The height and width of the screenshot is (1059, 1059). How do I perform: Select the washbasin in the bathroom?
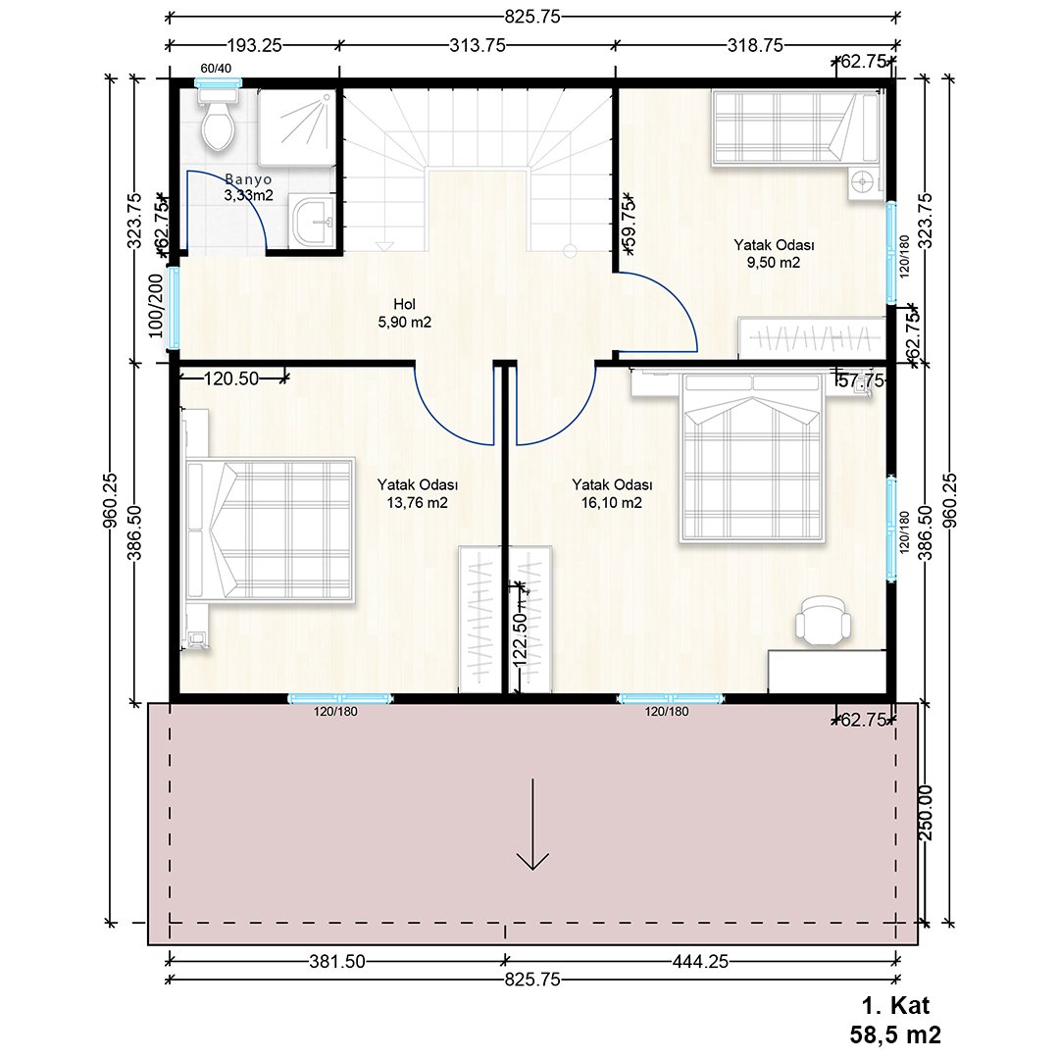(x=312, y=221)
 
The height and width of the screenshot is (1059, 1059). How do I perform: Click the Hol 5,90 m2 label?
(x=405, y=314)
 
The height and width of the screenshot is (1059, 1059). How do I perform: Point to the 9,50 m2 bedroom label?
(x=774, y=253)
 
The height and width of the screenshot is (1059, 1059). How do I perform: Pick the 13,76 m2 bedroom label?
(x=418, y=493)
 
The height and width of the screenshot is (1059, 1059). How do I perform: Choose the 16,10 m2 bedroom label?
(x=612, y=493)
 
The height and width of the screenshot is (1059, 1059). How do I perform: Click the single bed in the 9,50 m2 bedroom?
(x=795, y=127)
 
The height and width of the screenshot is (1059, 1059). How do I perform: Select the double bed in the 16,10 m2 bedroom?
(x=752, y=458)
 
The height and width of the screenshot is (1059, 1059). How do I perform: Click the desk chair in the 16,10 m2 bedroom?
(x=824, y=619)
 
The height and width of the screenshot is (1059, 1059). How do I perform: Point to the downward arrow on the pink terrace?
(x=532, y=824)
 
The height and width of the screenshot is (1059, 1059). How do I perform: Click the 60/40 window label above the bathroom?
(x=216, y=69)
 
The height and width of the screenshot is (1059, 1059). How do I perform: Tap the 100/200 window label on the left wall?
(x=156, y=306)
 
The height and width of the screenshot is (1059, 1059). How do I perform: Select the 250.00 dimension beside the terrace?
(x=926, y=813)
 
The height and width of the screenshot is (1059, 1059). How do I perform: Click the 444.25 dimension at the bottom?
(x=700, y=961)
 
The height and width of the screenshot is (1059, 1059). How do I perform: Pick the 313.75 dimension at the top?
(x=478, y=45)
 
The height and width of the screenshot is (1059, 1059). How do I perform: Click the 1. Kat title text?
(x=895, y=1006)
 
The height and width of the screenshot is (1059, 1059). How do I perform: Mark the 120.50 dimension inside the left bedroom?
(x=231, y=378)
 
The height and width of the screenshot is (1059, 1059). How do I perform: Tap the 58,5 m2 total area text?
(x=895, y=1034)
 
